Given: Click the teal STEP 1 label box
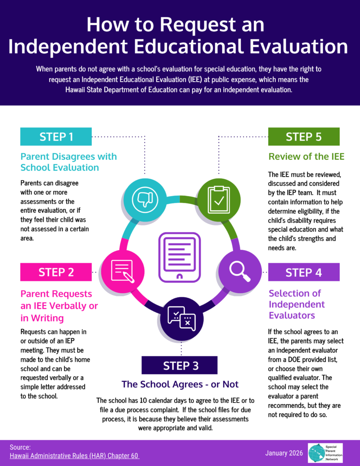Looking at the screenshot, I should [56, 137].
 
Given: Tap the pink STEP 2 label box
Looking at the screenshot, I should [56, 272].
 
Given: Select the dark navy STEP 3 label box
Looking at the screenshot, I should [179, 365].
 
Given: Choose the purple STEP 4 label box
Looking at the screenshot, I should [304, 272].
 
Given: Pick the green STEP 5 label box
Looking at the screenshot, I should [304, 137].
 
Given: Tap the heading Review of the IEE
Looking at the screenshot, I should [306, 157].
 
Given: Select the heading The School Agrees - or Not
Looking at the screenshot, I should [180, 385].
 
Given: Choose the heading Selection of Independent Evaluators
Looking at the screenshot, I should [297, 304].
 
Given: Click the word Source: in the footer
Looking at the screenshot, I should [20, 447].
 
